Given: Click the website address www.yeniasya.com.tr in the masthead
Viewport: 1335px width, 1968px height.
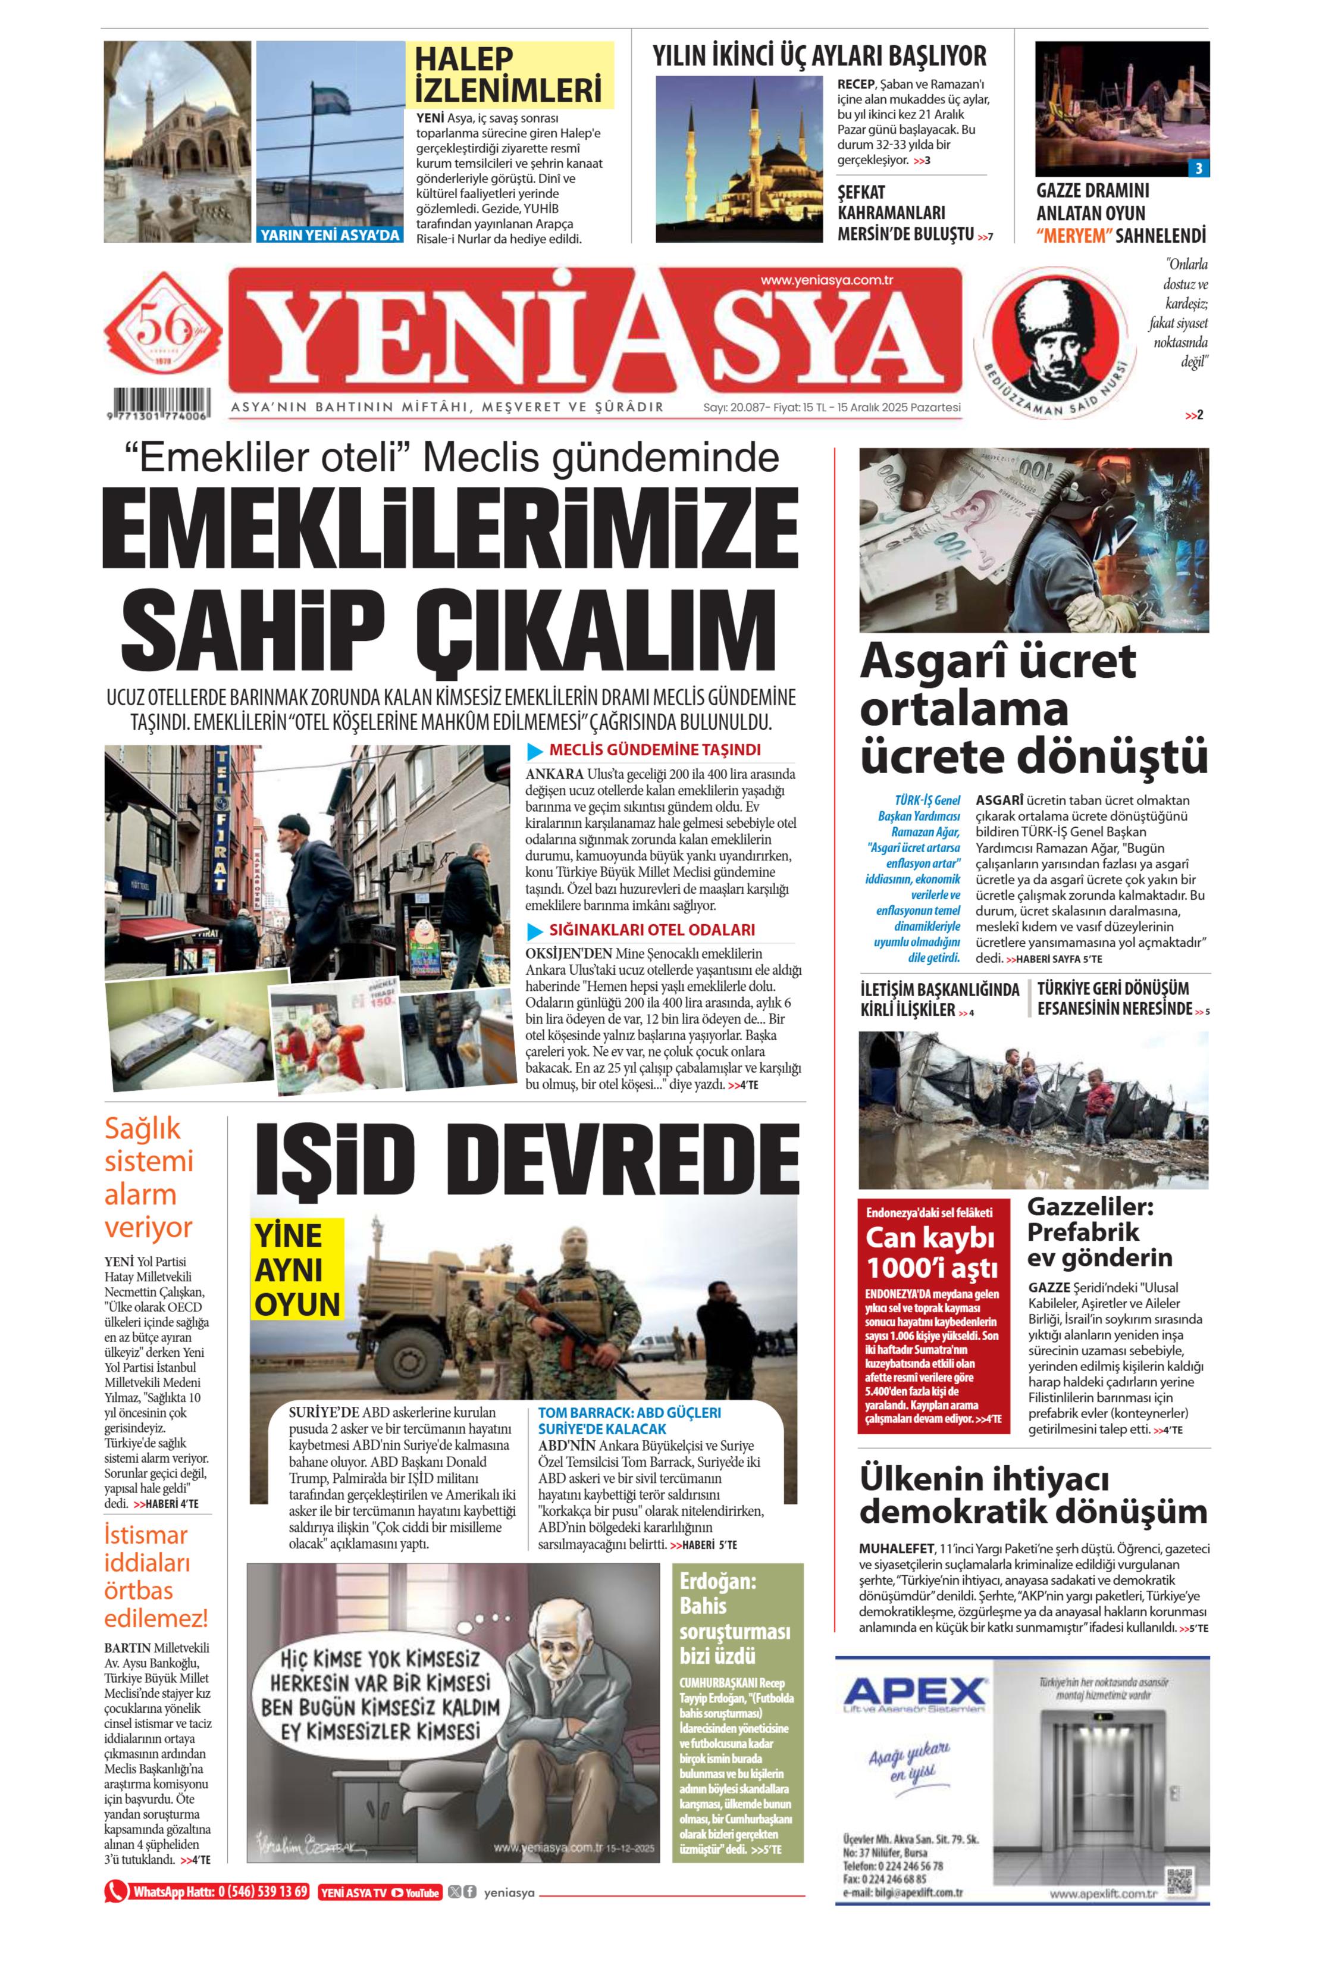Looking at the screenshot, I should (827, 280).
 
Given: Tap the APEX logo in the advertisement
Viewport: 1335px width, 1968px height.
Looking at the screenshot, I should (915, 1694).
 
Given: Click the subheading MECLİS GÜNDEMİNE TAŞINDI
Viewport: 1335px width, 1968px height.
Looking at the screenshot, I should (654, 749).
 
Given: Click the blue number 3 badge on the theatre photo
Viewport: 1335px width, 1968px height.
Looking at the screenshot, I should (1197, 168).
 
